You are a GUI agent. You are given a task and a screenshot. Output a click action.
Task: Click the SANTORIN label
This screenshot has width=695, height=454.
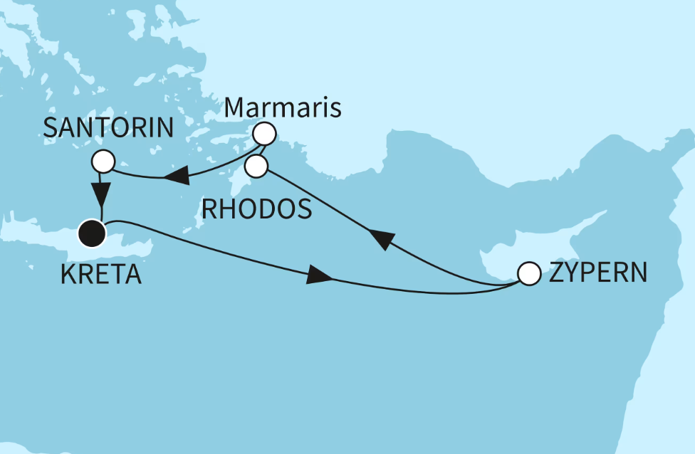click(109, 129)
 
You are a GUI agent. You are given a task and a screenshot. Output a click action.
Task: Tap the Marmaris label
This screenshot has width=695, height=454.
click(283, 109)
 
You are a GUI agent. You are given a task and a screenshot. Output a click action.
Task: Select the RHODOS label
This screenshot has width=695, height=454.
click(256, 209)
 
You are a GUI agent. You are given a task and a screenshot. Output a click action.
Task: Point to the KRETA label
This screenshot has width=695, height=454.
click(101, 274)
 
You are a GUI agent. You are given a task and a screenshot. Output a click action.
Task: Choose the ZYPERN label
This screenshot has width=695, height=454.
click(598, 273)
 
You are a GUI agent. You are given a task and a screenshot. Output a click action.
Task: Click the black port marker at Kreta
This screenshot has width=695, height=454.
click(92, 232)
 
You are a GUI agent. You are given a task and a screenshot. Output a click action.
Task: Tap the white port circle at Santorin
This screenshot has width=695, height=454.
click(104, 161)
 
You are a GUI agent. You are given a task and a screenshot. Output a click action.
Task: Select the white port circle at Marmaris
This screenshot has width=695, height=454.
click(264, 133)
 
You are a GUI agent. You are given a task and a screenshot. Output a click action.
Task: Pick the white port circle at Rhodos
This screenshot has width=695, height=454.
click(256, 167)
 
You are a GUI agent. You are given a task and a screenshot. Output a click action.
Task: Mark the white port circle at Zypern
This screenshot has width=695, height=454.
click(528, 274)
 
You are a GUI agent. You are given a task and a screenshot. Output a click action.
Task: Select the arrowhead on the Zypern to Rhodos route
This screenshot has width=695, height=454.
click(381, 241)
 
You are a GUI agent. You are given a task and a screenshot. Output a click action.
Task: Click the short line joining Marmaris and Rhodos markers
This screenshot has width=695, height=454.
click(260, 150)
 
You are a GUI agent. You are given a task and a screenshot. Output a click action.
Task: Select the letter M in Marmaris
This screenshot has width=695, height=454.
click(236, 109)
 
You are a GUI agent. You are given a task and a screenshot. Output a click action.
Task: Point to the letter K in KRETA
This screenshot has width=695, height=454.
click(69, 274)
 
